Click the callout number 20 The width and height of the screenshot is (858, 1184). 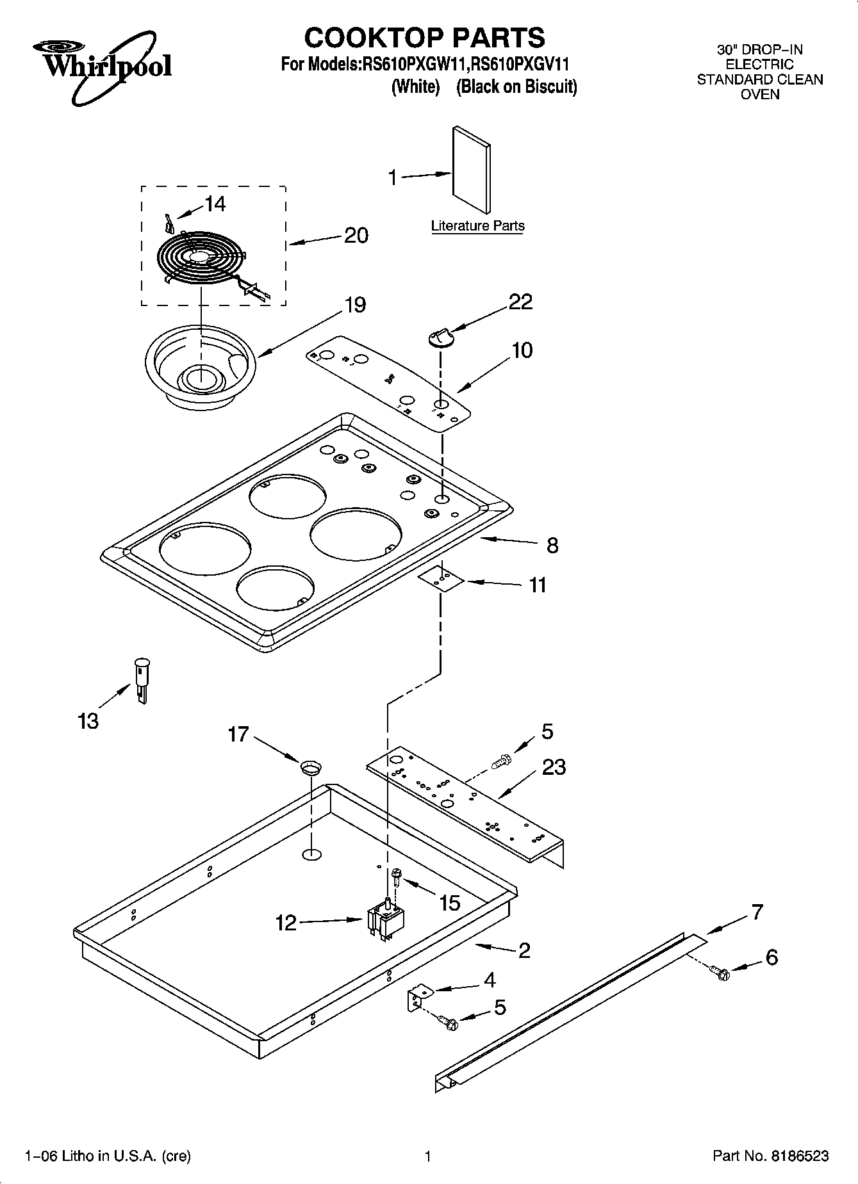(356, 236)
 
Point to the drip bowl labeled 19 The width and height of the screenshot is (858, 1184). (200, 371)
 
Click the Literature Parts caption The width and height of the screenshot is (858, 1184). (477, 226)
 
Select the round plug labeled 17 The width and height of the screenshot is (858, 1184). (311, 766)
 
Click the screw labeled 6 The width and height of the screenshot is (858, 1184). (721, 974)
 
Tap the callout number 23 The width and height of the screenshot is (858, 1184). (554, 766)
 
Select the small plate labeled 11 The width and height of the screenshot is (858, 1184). (441, 578)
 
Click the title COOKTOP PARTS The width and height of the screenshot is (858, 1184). (424, 38)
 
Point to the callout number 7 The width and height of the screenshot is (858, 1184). (757, 912)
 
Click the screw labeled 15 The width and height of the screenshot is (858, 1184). (395, 875)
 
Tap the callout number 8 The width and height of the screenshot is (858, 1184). (552, 546)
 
